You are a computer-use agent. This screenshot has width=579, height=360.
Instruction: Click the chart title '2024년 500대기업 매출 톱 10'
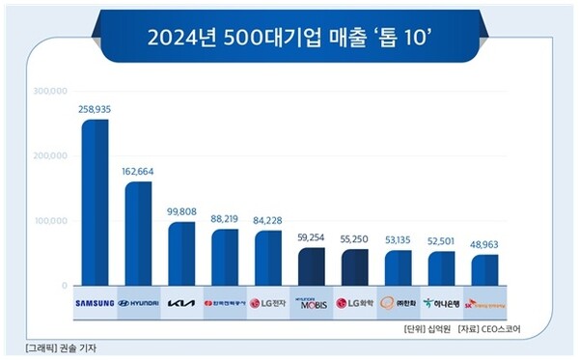289,40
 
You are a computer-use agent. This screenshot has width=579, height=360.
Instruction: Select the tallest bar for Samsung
95,203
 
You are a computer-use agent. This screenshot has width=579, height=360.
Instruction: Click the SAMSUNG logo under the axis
95,302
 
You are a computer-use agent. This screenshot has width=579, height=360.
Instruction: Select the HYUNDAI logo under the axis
138,302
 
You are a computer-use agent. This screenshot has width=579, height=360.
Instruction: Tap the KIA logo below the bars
181,302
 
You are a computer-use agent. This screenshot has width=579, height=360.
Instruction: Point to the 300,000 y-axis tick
49,91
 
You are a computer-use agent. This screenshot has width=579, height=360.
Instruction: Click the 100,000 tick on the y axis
49,221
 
